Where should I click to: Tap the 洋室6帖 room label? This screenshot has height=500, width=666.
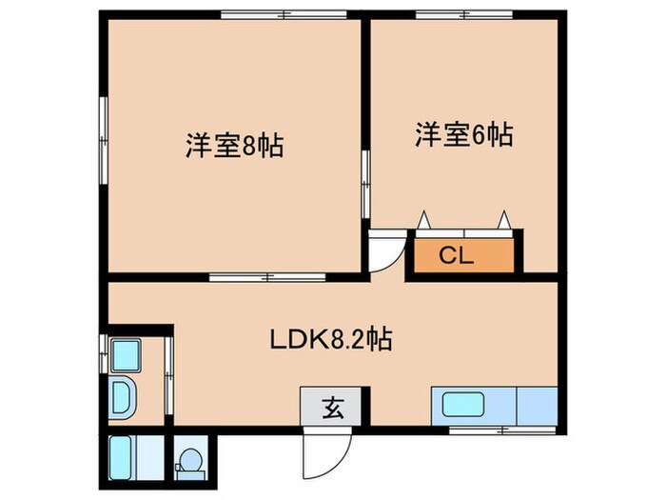coord(462,136)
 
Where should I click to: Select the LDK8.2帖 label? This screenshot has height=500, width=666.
coord(330,338)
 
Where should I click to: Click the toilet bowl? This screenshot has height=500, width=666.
coord(191,459)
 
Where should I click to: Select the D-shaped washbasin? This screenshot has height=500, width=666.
coord(123,396)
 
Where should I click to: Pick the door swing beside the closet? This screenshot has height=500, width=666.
coord(385,253)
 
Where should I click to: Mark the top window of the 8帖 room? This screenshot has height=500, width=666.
coord(257,14)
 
